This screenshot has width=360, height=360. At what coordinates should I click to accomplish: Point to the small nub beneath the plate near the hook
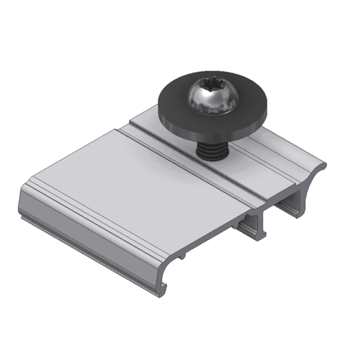point(181,256)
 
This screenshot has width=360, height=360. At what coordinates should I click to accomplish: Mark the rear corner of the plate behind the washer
point(133,119)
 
